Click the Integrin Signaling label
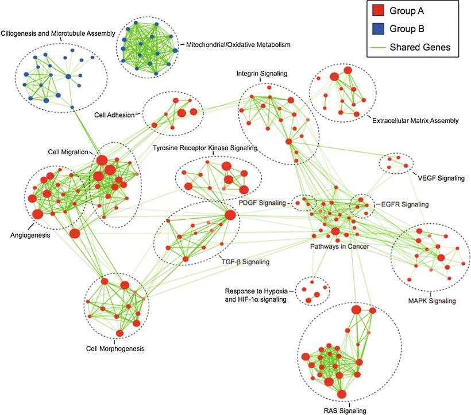pyautogui.click(x=261, y=74)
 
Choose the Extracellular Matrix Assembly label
pyautogui.click(x=415, y=121)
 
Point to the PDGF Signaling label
pyautogui.click(x=262, y=203)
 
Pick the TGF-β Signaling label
pyautogui.click(x=245, y=261)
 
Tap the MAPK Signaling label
pyautogui.click(x=431, y=300)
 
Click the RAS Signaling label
pyautogui.click(x=340, y=410)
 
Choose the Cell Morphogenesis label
pyautogui.click(x=115, y=349)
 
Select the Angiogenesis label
pyautogui.click(x=29, y=235)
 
